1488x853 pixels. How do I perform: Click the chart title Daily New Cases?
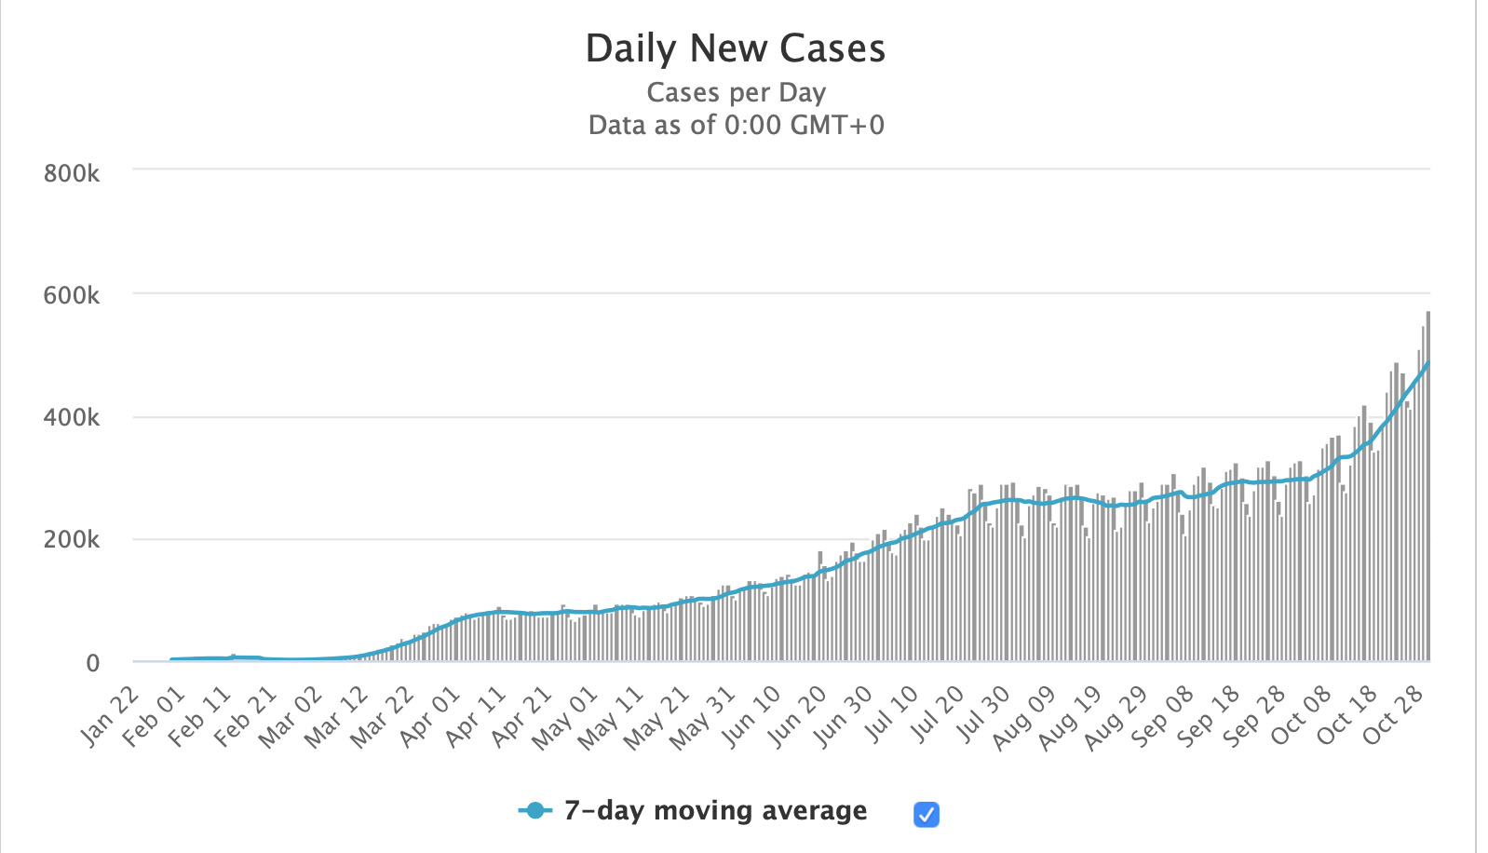pyautogui.click(x=735, y=48)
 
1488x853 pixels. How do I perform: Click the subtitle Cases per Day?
pyautogui.click(x=736, y=92)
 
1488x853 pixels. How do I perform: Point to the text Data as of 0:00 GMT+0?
pyautogui.click(x=736, y=125)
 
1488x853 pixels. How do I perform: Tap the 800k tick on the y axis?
pyautogui.click(x=72, y=173)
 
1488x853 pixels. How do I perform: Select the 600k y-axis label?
pyautogui.click(x=72, y=295)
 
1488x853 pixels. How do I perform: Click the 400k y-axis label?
pyautogui.click(x=72, y=417)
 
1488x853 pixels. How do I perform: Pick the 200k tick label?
pyautogui.click(x=72, y=539)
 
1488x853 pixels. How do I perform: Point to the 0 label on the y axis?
pyautogui.click(x=92, y=662)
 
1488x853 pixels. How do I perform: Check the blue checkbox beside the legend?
pyautogui.click(x=927, y=815)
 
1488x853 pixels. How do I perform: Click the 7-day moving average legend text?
pyautogui.click(x=715, y=810)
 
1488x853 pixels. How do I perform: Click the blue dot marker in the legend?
pyautogui.click(x=534, y=810)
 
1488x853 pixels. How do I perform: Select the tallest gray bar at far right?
pyautogui.click(x=1427, y=484)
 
